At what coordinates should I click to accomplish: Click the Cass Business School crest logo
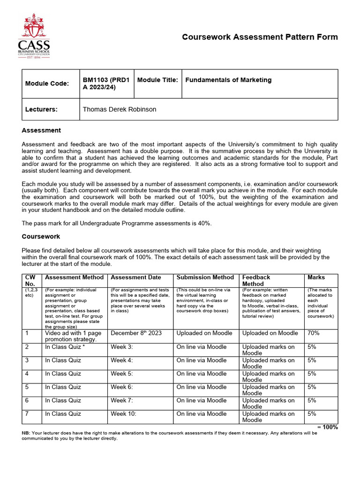pos(34,36)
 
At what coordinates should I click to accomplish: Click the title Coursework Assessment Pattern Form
pos(259,37)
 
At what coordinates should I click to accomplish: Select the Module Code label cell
pos(47,83)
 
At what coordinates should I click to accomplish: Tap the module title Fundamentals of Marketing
pos(228,80)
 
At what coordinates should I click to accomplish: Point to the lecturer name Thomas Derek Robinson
pos(120,109)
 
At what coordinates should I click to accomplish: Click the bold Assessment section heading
pos(41,130)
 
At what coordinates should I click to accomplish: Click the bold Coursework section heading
pos(41,237)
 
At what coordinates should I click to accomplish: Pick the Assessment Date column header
pos(136,277)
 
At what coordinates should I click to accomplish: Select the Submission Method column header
pos(205,277)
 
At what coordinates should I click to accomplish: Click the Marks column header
pos(316,277)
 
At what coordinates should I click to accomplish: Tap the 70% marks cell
pos(314,333)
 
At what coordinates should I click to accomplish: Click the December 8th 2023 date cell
pos(136,333)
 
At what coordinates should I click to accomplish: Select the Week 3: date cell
pos(122,347)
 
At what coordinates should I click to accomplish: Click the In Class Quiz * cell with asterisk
pos(65,347)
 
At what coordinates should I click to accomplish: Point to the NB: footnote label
pos(26,433)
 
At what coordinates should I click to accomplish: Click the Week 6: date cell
pos(122,387)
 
